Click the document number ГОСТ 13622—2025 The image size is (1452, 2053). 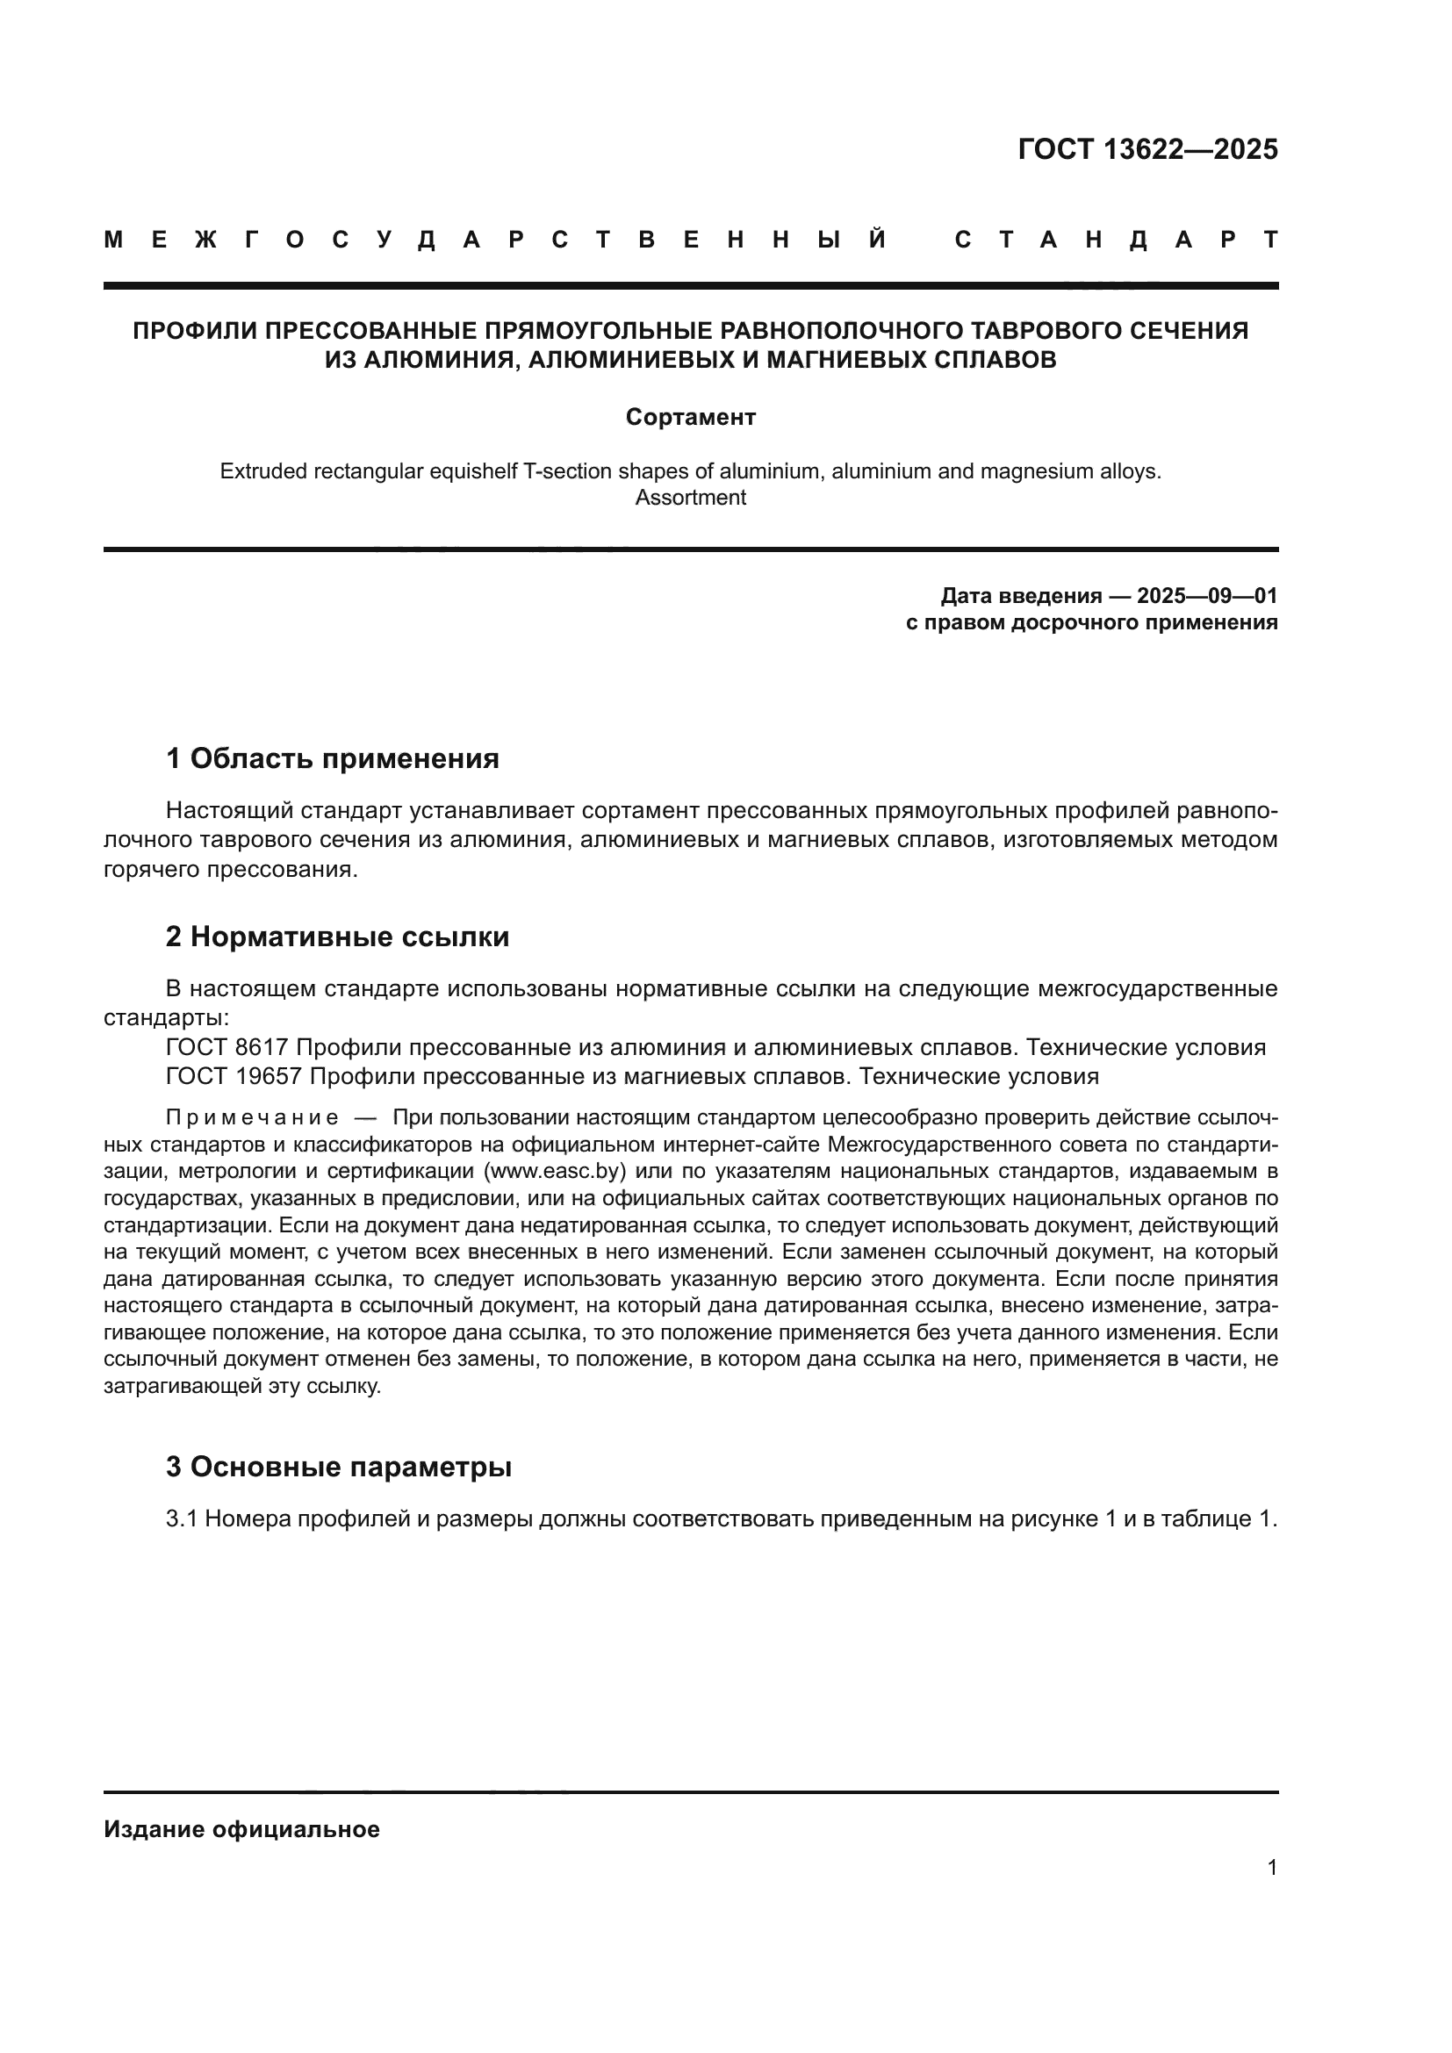[1148, 149]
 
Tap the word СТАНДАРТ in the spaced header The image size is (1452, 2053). [1116, 240]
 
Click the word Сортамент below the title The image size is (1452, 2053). [690, 418]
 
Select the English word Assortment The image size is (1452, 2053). [690, 498]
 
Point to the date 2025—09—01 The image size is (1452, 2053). [1207, 595]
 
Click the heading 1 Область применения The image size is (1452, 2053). [333, 758]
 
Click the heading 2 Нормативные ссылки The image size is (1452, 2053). [338, 937]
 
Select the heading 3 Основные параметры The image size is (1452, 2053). [339, 1468]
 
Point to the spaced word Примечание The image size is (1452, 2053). [252, 1117]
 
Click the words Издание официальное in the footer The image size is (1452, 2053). [241, 1829]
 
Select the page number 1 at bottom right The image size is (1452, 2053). [1272, 1868]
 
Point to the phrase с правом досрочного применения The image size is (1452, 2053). [1091, 622]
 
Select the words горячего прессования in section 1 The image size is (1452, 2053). [229, 869]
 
